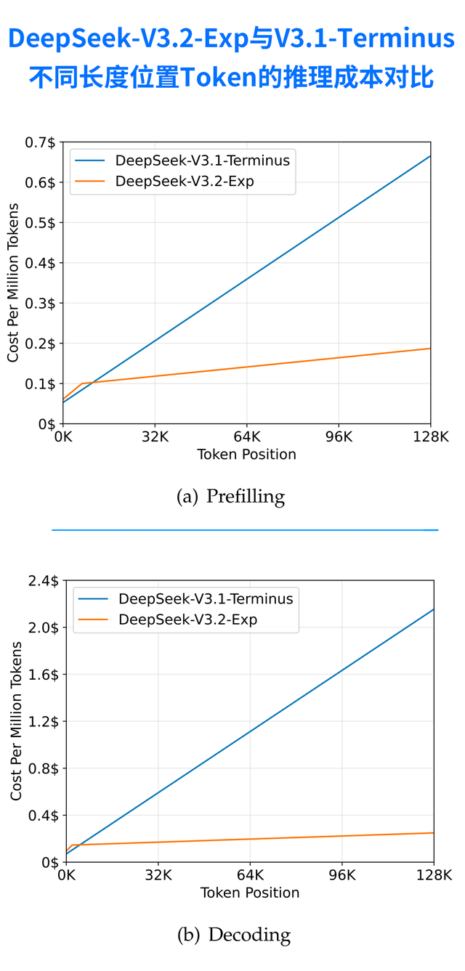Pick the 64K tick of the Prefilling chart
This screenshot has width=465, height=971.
247,437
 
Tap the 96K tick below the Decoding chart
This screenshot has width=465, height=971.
341,876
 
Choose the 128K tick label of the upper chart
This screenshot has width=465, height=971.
430,437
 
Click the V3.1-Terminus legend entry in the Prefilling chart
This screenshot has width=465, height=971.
202,161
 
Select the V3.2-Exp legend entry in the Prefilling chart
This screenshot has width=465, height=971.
185,182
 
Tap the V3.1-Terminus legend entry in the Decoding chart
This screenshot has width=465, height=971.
205,599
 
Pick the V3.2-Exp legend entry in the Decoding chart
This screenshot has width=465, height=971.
187,619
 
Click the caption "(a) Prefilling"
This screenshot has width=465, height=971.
231,497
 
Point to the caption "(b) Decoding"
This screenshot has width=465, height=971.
233,935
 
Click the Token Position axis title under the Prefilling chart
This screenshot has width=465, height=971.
246,455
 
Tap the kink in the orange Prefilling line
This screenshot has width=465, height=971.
81,383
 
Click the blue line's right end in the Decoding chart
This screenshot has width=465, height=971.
433,609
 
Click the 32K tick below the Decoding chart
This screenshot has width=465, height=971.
158,876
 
